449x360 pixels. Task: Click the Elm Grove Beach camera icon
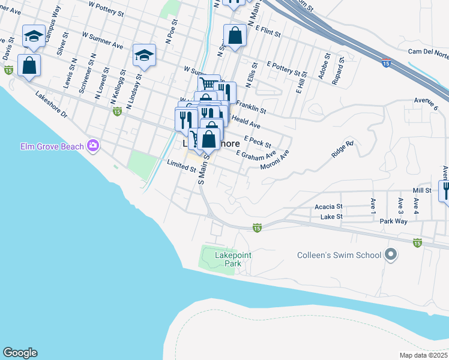pos(93,145)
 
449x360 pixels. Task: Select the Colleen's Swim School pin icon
pos(391,255)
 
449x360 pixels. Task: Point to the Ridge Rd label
pos(343,149)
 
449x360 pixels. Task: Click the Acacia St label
pos(328,206)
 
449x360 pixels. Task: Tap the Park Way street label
pos(393,221)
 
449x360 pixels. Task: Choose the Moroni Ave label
pos(275,160)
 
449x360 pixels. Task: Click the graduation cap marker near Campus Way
pos(34,37)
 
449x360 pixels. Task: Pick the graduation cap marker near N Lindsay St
pos(144,55)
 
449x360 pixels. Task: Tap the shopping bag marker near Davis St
pos(29,65)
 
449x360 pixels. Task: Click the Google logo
pos(20,353)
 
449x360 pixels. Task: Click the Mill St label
pos(422,190)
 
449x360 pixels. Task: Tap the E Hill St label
pos(301,82)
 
